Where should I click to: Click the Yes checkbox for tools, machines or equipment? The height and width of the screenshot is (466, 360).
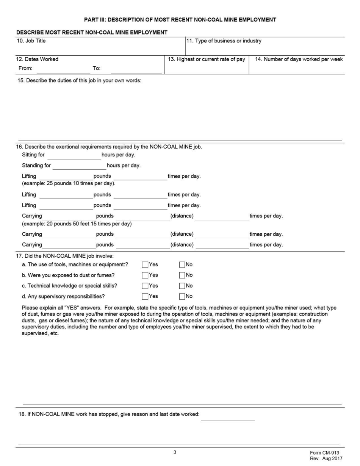pyautogui.click(x=145, y=264)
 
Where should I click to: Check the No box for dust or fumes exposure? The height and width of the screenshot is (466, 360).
pyautogui.click(x=182, y=275)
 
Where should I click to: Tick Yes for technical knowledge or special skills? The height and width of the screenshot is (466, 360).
pyautogui.click(x=145, y=286)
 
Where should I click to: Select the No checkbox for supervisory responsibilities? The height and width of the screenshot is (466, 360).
pyautogui.click(x=182, y=296)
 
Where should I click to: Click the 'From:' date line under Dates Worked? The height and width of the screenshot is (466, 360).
pyautogui.click(x=63, y=70)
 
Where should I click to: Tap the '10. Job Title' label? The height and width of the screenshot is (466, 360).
pyautogui.click(x=31, y=41)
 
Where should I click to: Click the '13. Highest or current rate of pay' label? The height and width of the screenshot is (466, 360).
pyautogui.click(x=207, y=59)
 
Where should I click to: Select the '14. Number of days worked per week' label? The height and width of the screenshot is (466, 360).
pyautogui.click(x=299, y=59)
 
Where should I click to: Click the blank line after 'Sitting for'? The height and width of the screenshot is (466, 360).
pyautogui.click(x=74, y=156)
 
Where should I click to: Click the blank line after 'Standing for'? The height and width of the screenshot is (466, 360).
pyautogui.click(x=79, y=166)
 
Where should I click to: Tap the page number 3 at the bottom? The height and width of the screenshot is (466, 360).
pyautogui.click(x=175, y=452)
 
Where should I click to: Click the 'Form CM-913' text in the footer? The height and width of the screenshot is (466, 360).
pyautogui.click(x=324, y=453)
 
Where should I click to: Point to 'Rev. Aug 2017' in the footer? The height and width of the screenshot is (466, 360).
pyautogui.click(x=326, y=458)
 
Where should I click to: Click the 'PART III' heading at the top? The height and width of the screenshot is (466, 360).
pyautogui.click(x=180, y=20)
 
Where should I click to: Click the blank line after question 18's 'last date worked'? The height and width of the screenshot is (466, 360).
pyautogui.click(x=228, y=418)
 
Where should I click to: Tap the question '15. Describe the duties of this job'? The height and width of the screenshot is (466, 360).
pyautogui.click(x=79, y=81)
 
